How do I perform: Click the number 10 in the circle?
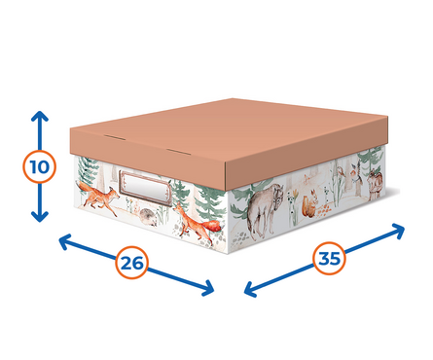[x=40, y=166]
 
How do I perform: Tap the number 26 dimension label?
[x=132, y=263]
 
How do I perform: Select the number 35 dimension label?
[x=330, y=259]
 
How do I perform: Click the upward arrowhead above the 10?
[x=40, y=116]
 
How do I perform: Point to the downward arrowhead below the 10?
[x=40, y=217]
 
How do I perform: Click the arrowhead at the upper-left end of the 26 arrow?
[x=64, y=241]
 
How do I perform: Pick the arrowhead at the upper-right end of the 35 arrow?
[x=399, y=231]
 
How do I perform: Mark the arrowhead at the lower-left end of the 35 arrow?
[x=250, y=289]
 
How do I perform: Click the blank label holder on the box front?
[x=145, y=188]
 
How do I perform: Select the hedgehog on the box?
[x=148, y=217]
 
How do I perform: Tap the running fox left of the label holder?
[x=98, y=198]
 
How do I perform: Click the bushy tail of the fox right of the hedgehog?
[x=213, y=226]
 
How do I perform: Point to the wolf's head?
[x=277, y=198]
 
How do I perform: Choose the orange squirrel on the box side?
[x=309, y=203]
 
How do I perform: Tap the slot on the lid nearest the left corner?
[x=115, y=137]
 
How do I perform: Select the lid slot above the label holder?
[x=178, y=152]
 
